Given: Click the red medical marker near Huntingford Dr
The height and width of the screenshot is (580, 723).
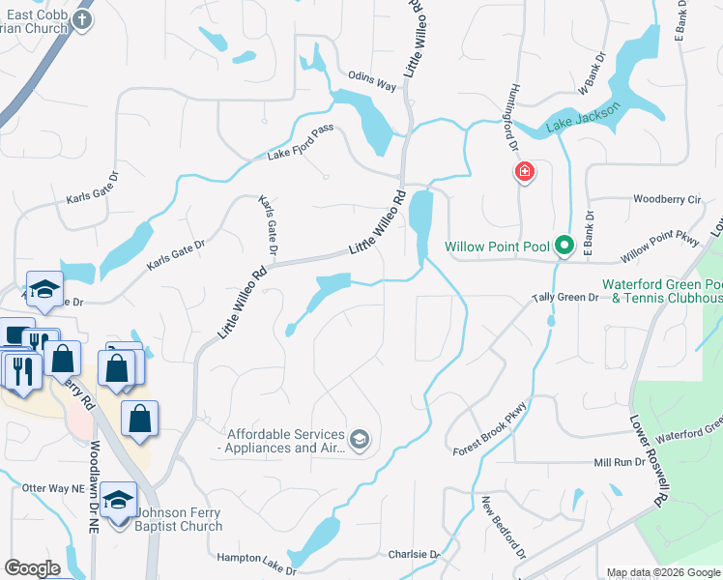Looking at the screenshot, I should click(x=524, y=173).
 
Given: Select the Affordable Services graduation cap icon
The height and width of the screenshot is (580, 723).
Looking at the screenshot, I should click(x=360, y=440).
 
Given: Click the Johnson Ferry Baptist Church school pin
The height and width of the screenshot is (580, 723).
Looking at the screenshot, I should click(x=118, y=500).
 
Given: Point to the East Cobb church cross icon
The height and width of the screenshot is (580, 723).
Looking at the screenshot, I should click(x=83, y=19).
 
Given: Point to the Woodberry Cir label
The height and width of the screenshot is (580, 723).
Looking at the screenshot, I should click(x=666, y=199).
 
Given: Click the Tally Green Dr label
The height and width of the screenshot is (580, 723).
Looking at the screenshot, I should click(x=565, y=298).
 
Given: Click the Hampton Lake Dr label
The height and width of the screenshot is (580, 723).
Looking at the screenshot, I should click(x=255, y=559).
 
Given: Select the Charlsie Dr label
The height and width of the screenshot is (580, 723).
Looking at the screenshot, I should click(x=414, y=555).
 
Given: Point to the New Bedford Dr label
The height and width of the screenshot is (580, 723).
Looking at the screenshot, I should click(x=504, y=530).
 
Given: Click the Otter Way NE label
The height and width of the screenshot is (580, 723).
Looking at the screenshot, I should click(x=51, y=488).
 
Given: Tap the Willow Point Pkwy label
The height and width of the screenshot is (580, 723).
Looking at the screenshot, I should click(x=660, y=248).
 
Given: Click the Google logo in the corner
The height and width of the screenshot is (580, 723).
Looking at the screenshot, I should click(x=32, y=568).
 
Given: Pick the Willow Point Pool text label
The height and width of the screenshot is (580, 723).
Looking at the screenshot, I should click(x=496, y=246).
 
